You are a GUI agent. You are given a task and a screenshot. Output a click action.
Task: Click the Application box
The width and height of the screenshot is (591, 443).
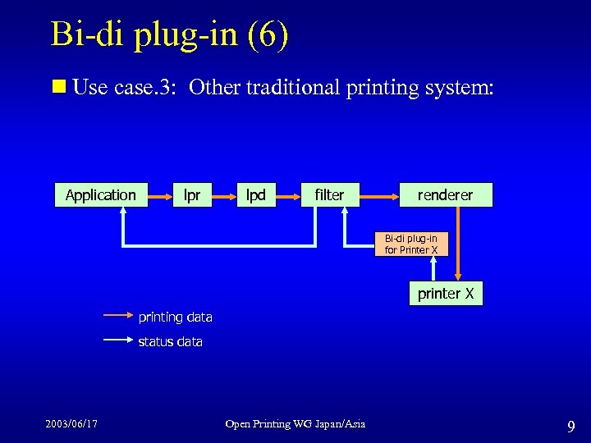101,194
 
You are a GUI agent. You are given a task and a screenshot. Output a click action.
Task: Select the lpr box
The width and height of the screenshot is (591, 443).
192,194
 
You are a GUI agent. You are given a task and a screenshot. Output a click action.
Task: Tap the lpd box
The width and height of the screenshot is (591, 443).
256,194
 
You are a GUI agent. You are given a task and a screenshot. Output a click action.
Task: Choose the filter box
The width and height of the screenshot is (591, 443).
329,194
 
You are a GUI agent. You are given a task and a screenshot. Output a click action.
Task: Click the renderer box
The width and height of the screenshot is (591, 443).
445,194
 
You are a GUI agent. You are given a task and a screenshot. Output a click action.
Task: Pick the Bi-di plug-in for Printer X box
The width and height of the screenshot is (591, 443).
411,244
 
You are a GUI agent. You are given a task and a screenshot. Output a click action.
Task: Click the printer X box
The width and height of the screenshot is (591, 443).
445,294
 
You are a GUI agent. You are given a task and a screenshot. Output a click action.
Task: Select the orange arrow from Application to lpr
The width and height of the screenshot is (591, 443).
159,195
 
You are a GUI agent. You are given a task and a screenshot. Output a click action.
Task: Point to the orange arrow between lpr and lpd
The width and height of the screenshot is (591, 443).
224,195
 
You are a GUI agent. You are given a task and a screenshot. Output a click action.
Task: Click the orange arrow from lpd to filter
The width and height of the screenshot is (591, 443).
287,195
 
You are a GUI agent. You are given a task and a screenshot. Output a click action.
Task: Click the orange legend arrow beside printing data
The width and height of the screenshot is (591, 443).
117,313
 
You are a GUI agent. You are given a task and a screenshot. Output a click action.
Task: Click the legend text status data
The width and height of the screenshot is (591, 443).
170,341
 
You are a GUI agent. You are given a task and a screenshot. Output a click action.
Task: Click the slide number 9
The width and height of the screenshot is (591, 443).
570,427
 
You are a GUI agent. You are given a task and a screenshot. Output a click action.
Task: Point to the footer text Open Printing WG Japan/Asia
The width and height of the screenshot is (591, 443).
295,423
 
